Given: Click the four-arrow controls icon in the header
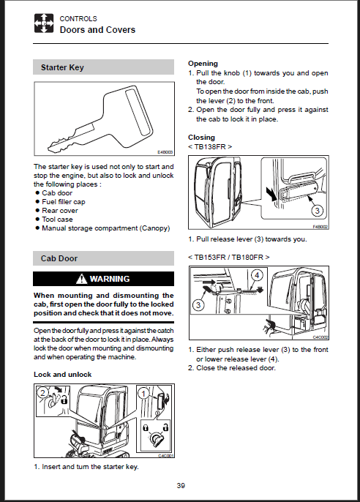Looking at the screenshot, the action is [x=44, y=23].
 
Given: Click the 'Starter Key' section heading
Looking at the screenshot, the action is [x=62, y=67].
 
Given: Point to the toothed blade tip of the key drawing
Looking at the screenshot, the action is [x=51, y=148].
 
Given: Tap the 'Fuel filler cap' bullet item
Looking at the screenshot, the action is [x=64, y=202].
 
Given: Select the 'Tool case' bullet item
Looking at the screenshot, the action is [x=57, y=220].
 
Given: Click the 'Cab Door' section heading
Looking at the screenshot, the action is [x=59, y=258].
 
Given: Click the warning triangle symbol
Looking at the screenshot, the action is [x=82, y=279].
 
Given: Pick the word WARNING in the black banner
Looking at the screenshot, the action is [x=110, y=279].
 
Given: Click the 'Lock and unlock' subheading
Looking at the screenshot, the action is [x=63, y=374].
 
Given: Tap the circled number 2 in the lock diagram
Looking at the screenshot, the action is [x=42, y=392].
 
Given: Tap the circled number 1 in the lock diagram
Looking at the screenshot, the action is [x=143, y=394].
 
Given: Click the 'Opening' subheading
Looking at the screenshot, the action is [x=203, y=64].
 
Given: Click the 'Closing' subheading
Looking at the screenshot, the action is [x=201, y=138].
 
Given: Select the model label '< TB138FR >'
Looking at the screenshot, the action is [x=210, y=146].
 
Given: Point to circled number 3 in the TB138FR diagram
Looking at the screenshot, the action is [x=317, y=210].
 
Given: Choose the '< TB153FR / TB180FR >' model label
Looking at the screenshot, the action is [x=229, y=257].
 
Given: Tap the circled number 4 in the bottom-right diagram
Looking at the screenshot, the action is [x=257, y=274].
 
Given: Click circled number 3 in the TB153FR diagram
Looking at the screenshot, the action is [x=198, y=304].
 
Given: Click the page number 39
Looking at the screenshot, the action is [x=181, y=486].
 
